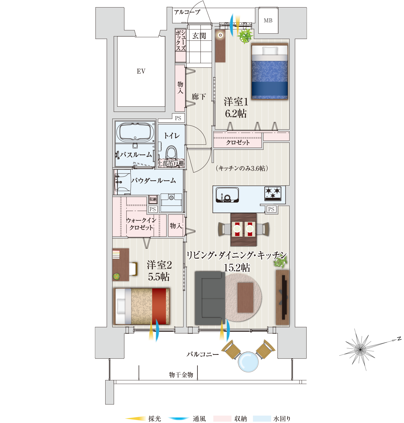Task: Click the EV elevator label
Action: (141, 71)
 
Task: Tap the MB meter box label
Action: (268, 21)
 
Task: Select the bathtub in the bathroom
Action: (135, 132)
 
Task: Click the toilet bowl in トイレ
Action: (171, 153)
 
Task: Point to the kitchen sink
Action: (227, 195)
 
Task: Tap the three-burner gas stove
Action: (273, 194)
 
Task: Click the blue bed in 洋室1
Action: (270, 72)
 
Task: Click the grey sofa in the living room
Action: (209, 298)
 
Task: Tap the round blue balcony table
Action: (248, 362)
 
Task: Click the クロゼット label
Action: (238, 143)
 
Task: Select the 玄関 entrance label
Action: (199, 36)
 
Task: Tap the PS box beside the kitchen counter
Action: (271, 209)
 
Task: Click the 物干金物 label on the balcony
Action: (181, 375)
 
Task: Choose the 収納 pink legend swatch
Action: (222, 418)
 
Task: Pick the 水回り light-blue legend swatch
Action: (262, 418)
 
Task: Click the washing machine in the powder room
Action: (171, 202)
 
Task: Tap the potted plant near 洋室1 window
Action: (245, 36)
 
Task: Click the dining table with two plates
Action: (243, 229)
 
